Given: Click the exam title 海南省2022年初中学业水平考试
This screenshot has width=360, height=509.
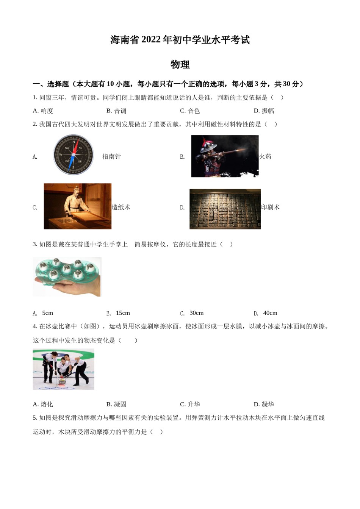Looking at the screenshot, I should coord(180,40).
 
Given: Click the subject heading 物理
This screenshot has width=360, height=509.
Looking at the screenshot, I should coord(180,65).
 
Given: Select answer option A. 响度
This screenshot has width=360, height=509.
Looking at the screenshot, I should coord(43,111).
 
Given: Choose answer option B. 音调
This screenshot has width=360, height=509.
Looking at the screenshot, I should coord(116,111).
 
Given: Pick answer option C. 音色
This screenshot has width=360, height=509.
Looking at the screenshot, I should coord(190,111).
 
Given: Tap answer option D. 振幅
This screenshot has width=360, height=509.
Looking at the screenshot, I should coord(264,111).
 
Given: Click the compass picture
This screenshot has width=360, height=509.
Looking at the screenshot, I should coord(73,155).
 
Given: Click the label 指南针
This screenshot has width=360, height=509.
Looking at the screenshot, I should coord(111,156).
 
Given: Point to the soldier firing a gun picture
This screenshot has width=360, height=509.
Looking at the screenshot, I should coord(225,156).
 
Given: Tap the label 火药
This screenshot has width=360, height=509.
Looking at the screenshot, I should coord(265,156).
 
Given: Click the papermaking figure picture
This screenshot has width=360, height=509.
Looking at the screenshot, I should coord(78,206).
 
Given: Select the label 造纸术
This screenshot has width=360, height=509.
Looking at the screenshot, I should coord(121,207).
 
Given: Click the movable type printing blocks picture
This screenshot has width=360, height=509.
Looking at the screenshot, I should coord(225,209).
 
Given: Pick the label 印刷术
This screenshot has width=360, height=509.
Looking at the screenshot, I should coord(271,207).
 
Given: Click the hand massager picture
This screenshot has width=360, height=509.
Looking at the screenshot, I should coord(67,277).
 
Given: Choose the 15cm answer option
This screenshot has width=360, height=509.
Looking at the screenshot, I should coord(118,313).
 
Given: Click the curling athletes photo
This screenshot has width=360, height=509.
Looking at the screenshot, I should coord(63,369).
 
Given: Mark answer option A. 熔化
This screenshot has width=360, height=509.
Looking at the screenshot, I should coord(43,404).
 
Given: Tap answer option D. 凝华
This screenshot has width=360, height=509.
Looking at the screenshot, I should coord(264,404).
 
